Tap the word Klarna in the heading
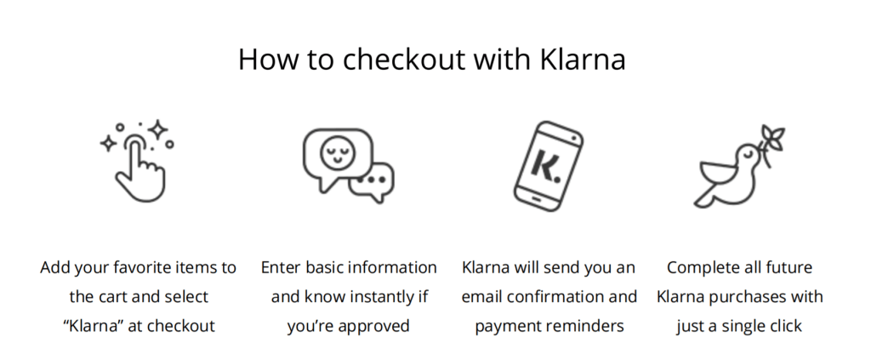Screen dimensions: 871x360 [x=583, y=59]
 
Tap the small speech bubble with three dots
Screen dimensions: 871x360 [x=372, y=182]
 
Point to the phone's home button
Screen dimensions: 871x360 [x=536, y=197]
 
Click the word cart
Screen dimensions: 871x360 [x=115, y=297]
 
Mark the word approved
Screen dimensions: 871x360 [x=373, y=326]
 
